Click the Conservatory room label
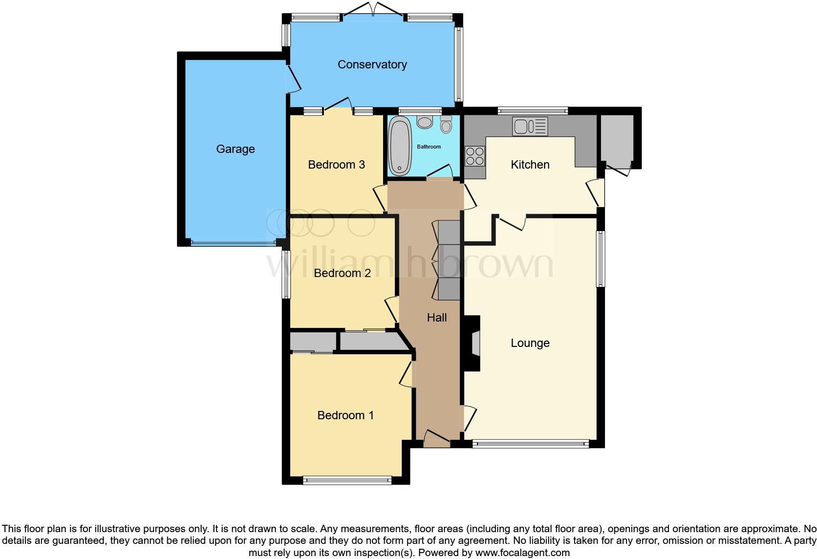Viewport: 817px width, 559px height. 372,64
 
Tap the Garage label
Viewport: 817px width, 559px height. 236,149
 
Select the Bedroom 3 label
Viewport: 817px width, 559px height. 336,165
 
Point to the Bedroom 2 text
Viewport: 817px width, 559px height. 342,273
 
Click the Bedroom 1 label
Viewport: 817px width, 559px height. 345,415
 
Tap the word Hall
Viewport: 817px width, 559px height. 437,318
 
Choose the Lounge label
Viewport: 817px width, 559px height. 530,343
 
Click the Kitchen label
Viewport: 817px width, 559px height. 530,165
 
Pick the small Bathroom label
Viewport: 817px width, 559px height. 429,147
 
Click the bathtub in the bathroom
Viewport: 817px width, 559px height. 400,145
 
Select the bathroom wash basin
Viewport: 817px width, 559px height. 425,122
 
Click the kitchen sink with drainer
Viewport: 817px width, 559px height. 530,127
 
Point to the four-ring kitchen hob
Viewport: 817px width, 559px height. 474,156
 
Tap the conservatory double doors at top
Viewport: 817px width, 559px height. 373,11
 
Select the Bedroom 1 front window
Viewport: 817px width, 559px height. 347,480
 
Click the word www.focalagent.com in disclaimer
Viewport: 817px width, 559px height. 522,553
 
